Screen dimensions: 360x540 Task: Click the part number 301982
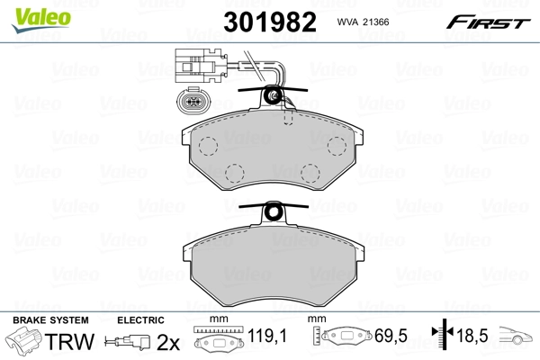pos(268,22)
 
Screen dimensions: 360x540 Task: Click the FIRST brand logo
pos(489,20)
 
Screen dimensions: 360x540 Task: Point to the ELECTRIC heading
pos(139,320)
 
